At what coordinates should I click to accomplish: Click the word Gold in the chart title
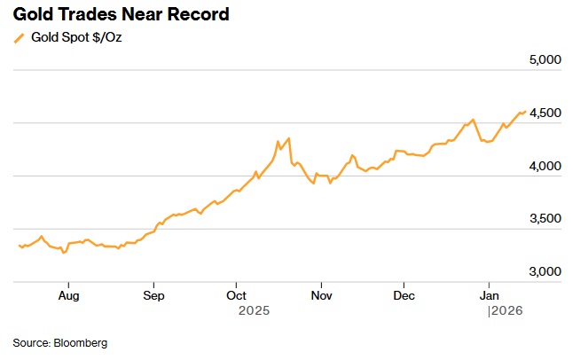tap(34, 14)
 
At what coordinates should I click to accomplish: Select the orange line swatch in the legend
tap(19, 38)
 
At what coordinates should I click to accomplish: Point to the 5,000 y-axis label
tap(545, 60)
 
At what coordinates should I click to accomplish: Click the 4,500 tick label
tap(545, 113)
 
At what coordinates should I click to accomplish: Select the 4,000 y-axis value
tap(545, 166)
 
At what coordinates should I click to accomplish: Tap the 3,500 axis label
tap(545, 219)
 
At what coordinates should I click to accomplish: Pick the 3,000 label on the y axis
tap(545, 272)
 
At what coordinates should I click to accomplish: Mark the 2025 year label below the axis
tap(254, 311)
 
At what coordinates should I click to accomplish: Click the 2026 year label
tap(506, 311)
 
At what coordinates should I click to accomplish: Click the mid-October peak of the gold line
tap(289, 138)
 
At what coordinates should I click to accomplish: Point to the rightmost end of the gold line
tap(525, 112)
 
